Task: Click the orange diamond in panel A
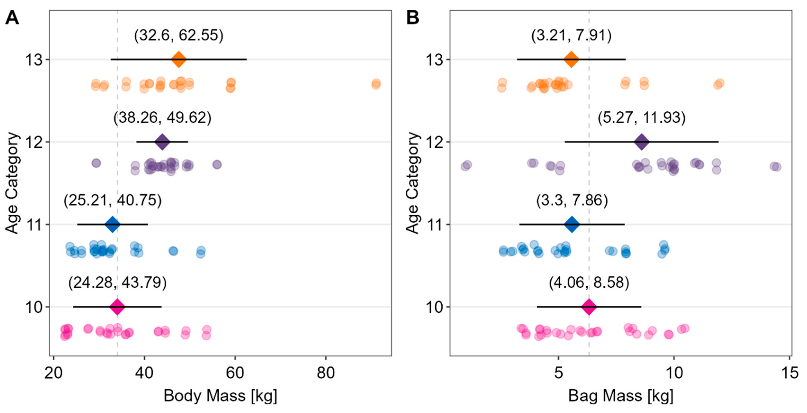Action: point(179,59)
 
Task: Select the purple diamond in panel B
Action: point(641,142)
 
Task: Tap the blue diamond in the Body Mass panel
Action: point(112,224)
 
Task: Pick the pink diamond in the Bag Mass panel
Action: point(589,307)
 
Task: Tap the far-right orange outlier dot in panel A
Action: point(376,84)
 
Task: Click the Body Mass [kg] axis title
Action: point(220,396)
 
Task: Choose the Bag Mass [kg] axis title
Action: point(621,396)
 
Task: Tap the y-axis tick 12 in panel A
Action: point(34,142)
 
